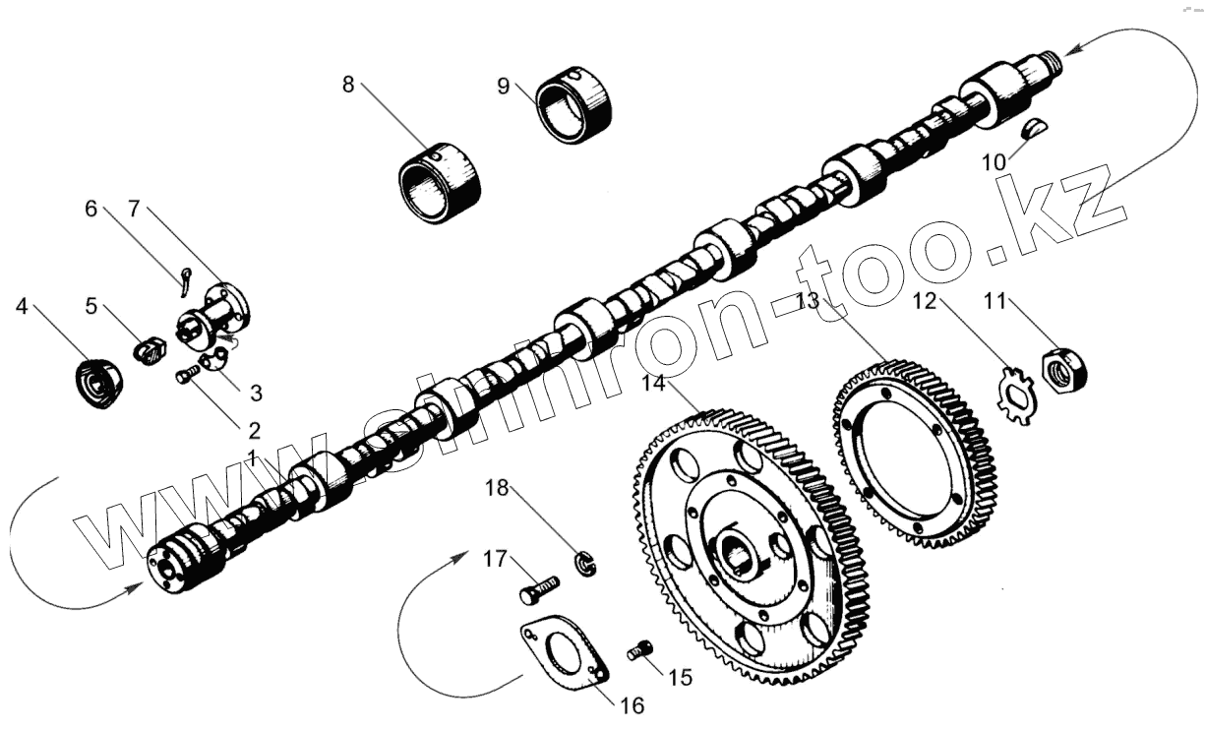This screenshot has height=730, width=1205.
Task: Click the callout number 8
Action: tap(347, 84)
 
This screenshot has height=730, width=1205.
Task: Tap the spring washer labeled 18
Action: tap(586, 565)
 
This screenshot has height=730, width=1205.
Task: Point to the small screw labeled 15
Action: tap(640, 649)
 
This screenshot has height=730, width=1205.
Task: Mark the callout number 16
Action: tap(633, 704)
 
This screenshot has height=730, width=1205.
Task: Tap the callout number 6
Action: tap(91, 208)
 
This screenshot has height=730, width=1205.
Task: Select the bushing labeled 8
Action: tap(442, 183)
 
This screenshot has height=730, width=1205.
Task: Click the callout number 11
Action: tap(995, 300)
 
